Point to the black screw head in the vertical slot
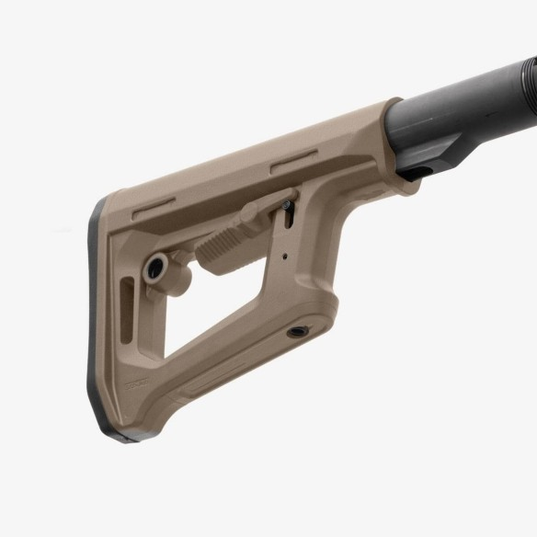tap(291, 219)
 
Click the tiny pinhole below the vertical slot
tap(285, 258)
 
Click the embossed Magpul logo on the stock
tap(137, 379)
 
